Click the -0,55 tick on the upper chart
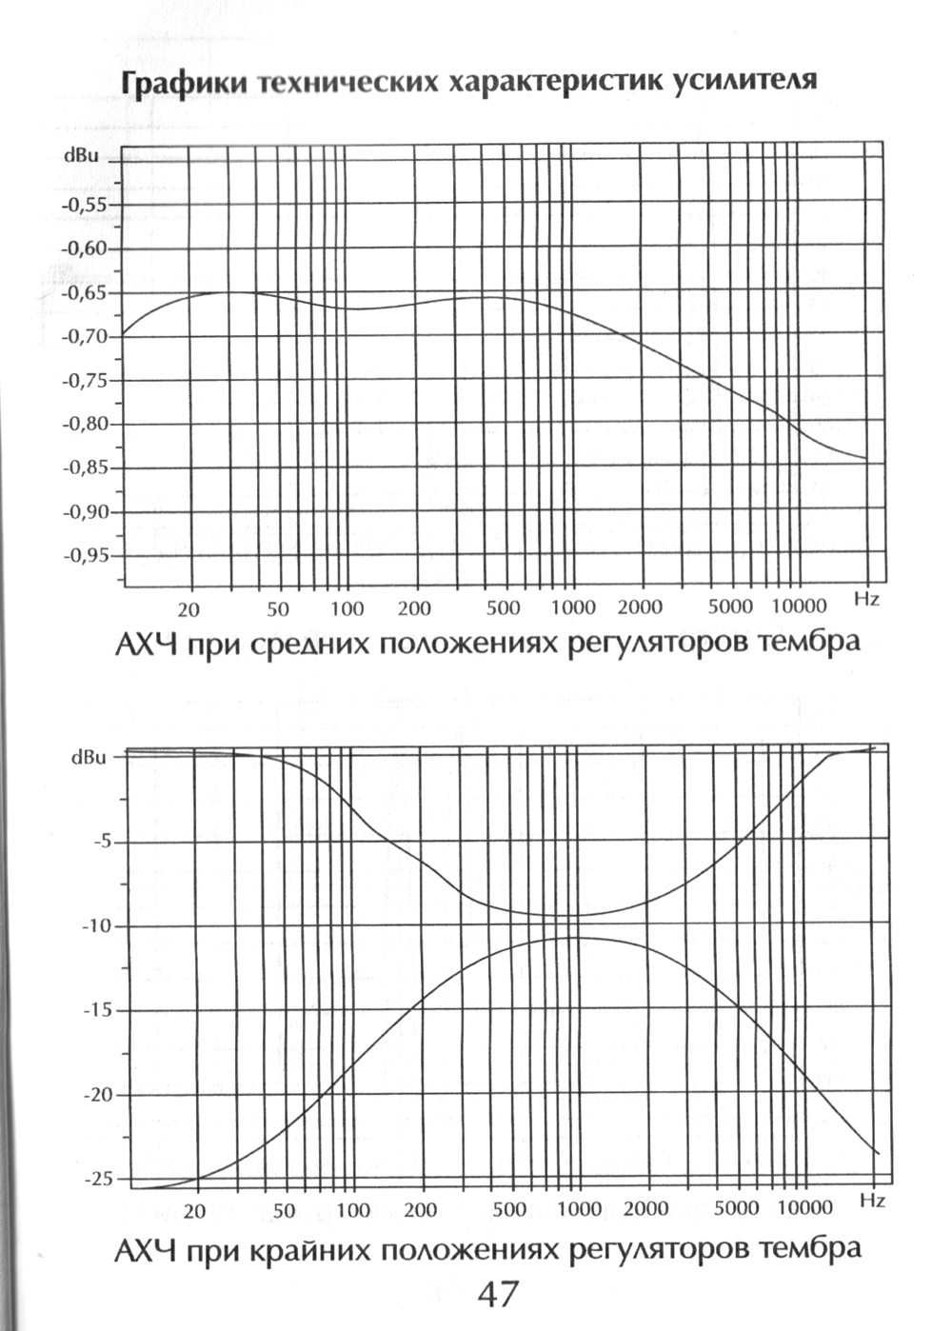pyautogui.click(x=86, y=205)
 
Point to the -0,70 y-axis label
pyautogui.click(x=86, y=336)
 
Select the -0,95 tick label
pyautogui.click(x=86, y=555)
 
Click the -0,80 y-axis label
pyautogui.click(x=86, y=424)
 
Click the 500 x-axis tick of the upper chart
pyautogui.click(x=503, y=608)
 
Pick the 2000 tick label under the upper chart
pyautogui.click(x=640, y=607)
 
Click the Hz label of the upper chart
pyautogui.click(x=866, y=599)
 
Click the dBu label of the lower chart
pyautogui.click(x=89, y=758)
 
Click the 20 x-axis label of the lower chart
pyautogui.click(x=194, y=1211)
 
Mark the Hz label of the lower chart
pyautogui.click(x=872, y=1201)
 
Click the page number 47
pyautogui.click(x=497, y=1295)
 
